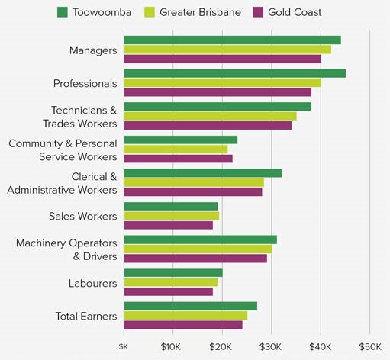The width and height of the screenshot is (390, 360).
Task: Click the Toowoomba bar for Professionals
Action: coord(234,73)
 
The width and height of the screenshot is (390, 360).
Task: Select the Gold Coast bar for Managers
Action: coord(222,59)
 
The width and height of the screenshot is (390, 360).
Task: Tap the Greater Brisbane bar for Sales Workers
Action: coord(171,216)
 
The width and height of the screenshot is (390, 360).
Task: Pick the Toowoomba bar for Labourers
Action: coord(172,273)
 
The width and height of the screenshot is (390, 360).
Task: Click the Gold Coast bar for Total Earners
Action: coord(182,325)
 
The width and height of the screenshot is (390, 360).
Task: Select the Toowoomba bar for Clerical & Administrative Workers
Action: coord(202,173)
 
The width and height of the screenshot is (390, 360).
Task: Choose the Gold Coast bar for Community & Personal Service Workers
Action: coord(178,159)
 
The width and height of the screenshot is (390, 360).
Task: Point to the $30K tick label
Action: coord(271,347)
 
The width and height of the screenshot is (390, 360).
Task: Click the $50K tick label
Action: coord(369,347)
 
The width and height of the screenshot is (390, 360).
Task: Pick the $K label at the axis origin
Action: coord(124,347)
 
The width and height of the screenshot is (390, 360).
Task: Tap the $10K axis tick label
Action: coord(172,347)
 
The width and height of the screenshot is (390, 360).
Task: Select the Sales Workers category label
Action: coord(82,216)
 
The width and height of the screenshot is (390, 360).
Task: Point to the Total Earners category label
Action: coord(86,316)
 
